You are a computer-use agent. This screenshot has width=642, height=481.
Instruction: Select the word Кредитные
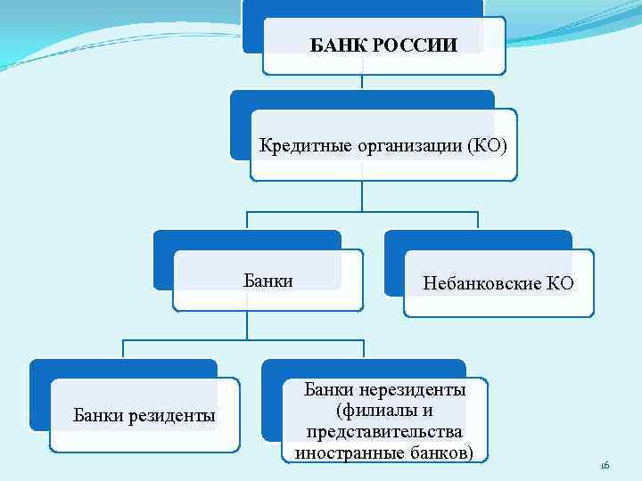click(x=299, y=145)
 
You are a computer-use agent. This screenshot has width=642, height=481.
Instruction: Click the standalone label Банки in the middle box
click(x=268, y=281)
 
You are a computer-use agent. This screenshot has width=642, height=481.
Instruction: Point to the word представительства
click(x=384, y=432)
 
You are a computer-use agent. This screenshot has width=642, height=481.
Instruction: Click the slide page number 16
click(x=604, y=466)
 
